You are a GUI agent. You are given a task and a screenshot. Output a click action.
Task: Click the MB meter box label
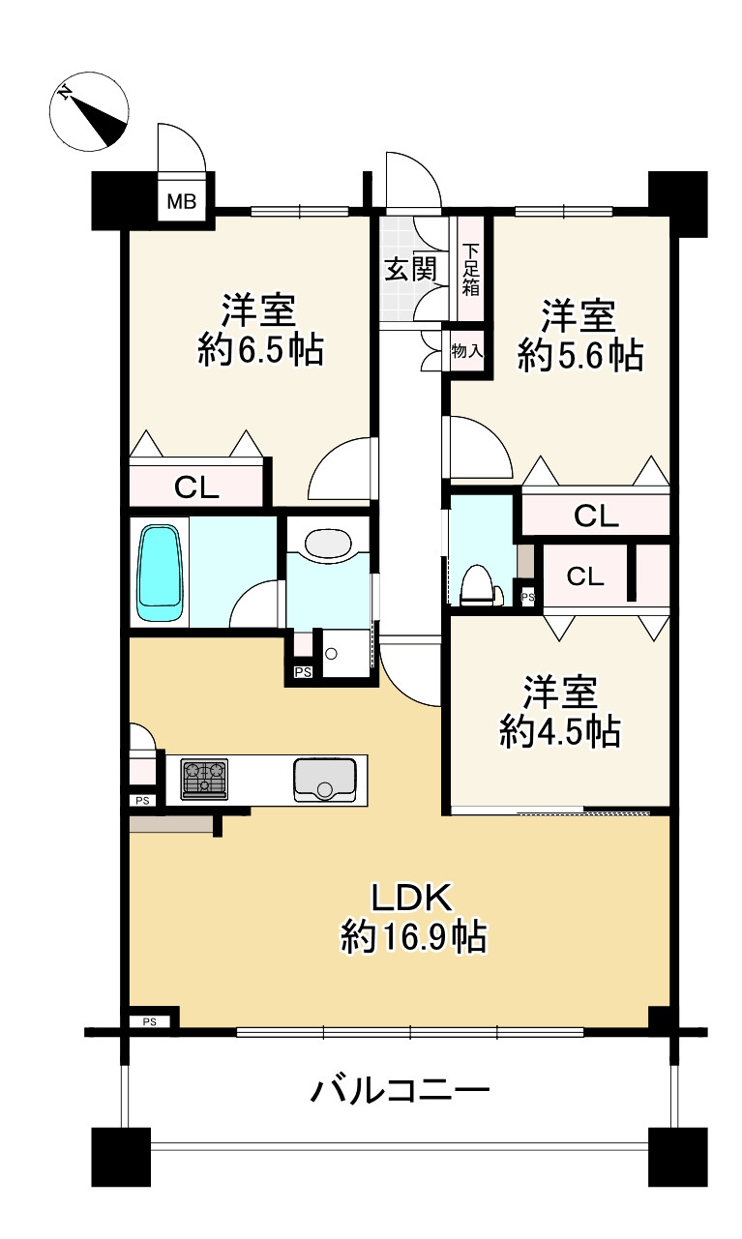coord(182,202)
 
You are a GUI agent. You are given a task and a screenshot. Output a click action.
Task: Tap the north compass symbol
coord(89,111)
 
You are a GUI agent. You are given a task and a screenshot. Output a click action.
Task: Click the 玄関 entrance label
coord(411,270)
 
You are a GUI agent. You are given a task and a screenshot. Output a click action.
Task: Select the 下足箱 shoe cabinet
coord(471,269)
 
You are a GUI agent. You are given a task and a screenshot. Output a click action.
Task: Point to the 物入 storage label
coord(467,351)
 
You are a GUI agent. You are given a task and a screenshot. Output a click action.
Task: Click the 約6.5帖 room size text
coord(260,349)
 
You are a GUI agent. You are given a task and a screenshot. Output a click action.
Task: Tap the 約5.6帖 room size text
coord(580,355)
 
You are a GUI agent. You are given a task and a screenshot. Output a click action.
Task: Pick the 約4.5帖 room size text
coord(560,732)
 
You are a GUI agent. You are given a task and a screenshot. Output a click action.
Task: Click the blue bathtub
coord(160,573)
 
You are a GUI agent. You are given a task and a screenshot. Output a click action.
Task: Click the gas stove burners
coord(204,779)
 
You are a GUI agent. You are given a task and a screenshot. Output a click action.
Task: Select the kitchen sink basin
coord(325,780)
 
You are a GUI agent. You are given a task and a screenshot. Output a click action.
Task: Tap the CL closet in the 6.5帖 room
coord(196,486)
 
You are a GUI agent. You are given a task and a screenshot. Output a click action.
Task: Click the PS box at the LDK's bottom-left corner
coord(149,1021)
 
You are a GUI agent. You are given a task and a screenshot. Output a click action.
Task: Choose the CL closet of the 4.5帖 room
coord(585,576)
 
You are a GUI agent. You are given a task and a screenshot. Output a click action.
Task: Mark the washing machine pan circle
coord(331,654)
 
